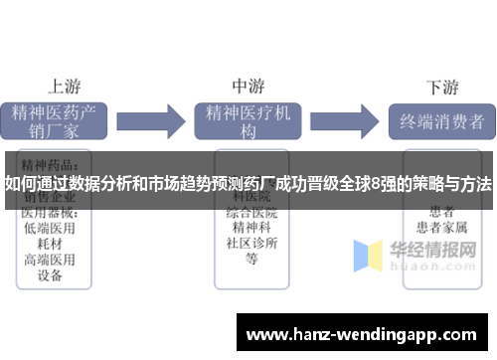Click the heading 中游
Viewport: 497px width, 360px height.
point(248,86)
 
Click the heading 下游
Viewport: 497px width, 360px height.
point(441,86)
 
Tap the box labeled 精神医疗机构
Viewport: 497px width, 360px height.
point(248,121)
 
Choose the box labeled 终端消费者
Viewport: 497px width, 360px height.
point(440,121)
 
